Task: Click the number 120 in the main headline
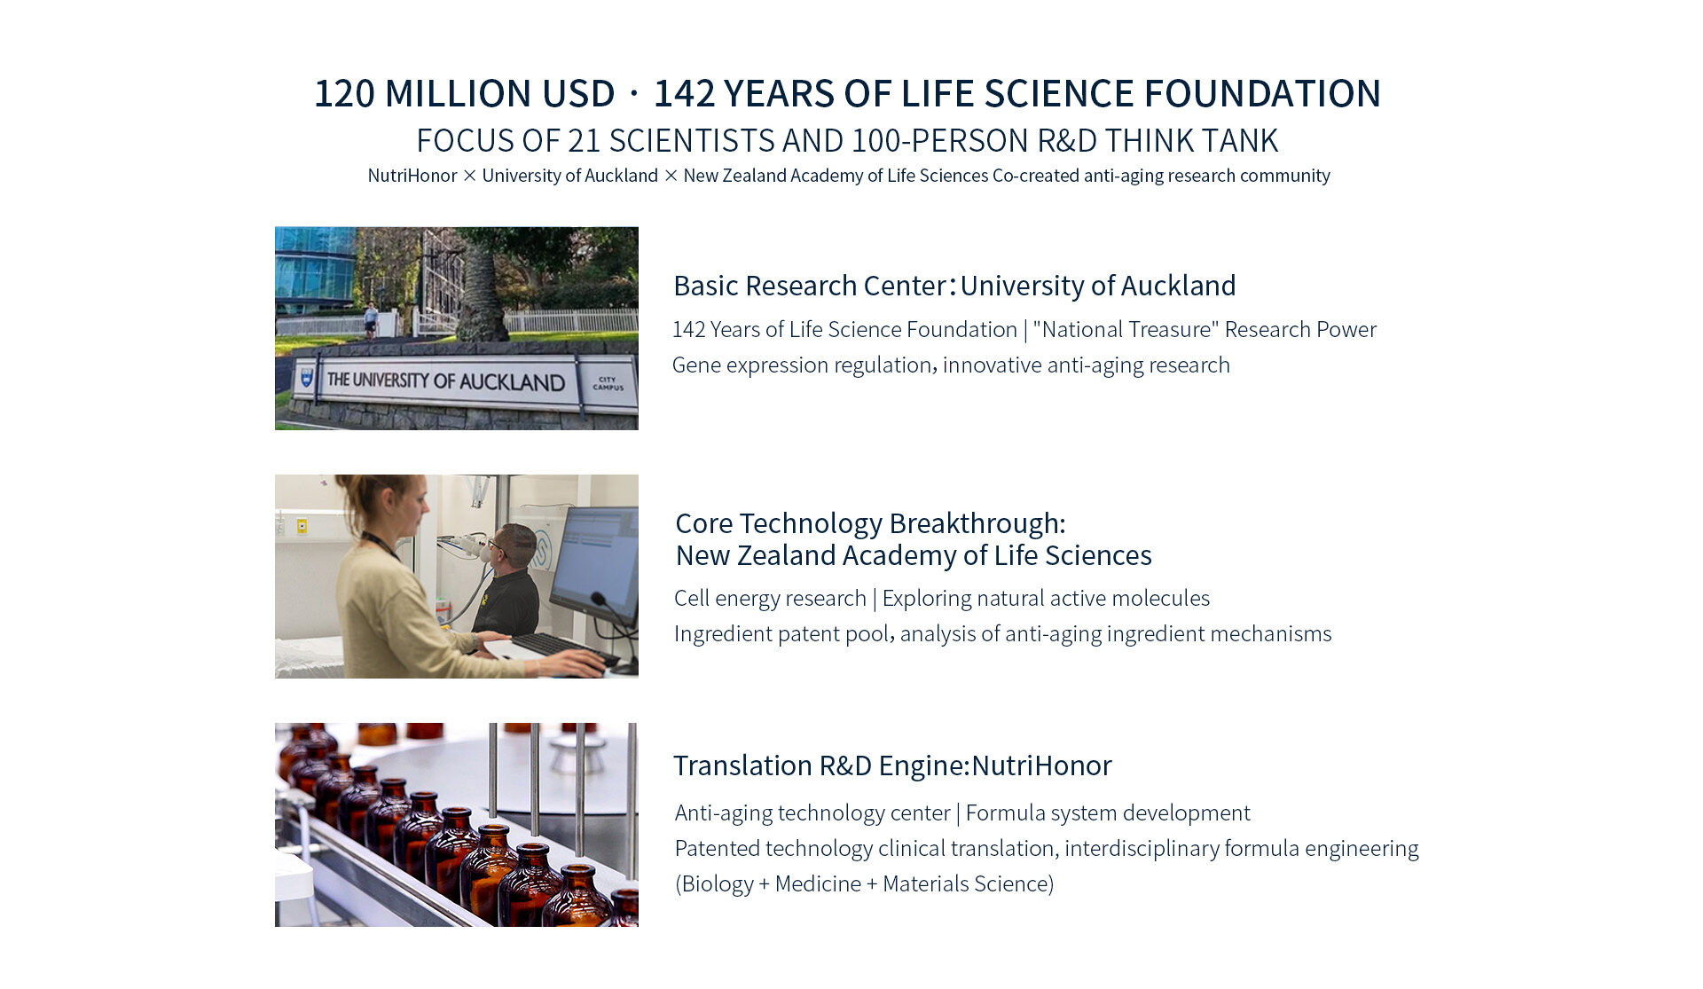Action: pyautogui.click(x=345, y=93)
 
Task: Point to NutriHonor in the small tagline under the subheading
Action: pyautogui.click(x=412, y=176)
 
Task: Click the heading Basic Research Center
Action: pyautogui.click(x=810, y=286)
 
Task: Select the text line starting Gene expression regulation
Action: pyautogui.click(x=951, y=365)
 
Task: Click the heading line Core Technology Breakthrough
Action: pyautogui.click(x=870, y=523)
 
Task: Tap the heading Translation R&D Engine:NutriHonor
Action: pyautogui.click(x=892, y=765)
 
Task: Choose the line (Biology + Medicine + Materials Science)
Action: pyautogui.click(x=865, y=883)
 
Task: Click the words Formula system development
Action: pyautogui.click(x=1108, y=812)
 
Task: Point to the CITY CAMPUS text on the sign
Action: pyautogui.click(x=608, y=383)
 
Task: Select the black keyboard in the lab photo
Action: pyautogui.click(x=563, y=648)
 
